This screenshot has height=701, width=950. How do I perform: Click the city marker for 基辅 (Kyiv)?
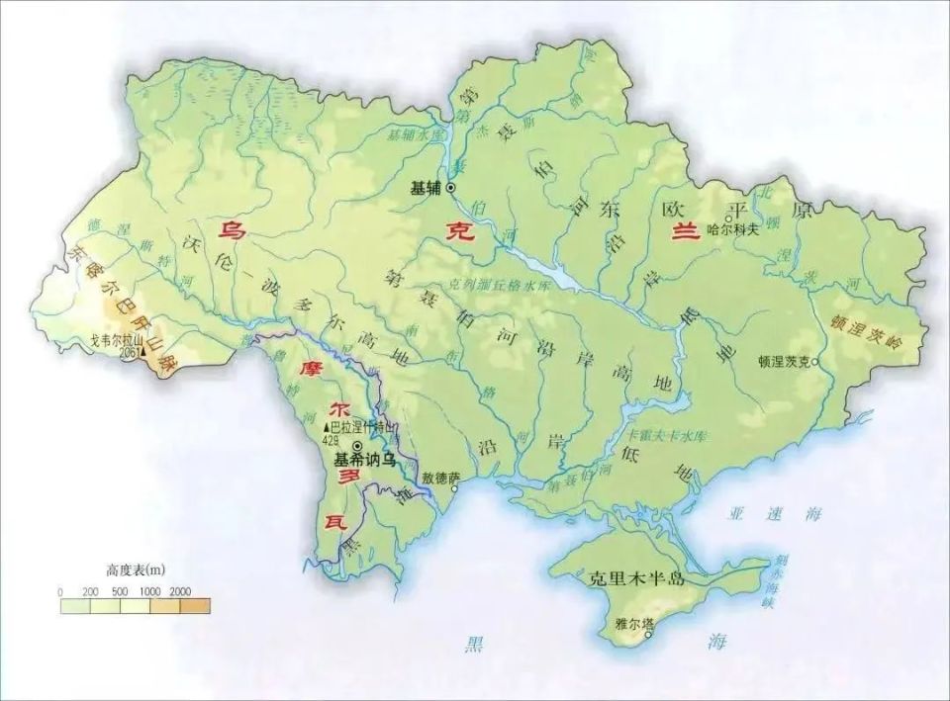click(x=450, y=187)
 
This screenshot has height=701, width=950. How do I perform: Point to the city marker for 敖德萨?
click(x=455, y=487)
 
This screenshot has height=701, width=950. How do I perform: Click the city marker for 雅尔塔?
click(x=649, y=636)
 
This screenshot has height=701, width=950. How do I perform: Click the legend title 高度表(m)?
click(x=135, y=570)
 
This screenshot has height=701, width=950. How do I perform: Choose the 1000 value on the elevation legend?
click(x=151, y=589)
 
